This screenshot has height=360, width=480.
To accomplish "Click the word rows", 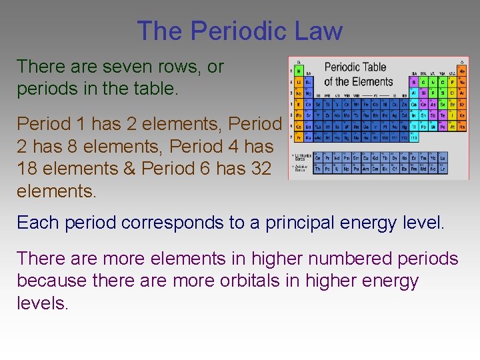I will tap(176, 67).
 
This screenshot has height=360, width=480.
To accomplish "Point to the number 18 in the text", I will tap(29, 169).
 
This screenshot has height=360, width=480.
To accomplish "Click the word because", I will tap(51, 281).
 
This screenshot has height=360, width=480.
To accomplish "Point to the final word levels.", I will tap(42, 303).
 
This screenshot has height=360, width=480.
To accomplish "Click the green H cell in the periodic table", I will tap(299, 71).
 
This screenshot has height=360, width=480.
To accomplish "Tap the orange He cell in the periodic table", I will tap(462, 71).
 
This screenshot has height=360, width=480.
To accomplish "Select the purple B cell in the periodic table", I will tap(414, 82).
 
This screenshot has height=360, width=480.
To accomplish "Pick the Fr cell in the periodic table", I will tap(299, 136).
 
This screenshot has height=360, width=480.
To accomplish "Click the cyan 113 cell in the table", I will tap(414, 136).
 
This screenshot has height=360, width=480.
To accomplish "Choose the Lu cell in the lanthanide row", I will tap(443, 158).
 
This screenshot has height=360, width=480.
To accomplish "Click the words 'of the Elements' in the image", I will tap(358, 82).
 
